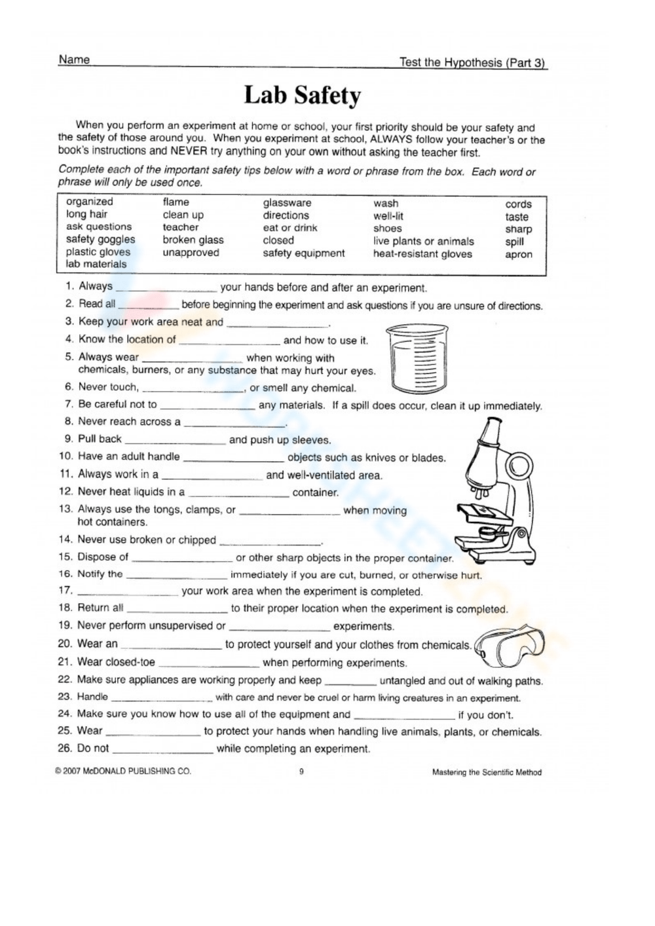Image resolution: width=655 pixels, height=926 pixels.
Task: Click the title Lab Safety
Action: pyautogui.click(x=302, y=96)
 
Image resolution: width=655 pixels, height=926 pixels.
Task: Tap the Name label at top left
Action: pyautogui.click(x=74, y=60)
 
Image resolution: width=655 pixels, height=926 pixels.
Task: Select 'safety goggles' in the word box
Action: pyautogui.click(x=100, y=240)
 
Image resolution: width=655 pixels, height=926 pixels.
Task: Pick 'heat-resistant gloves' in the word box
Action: pyautogui.click(x=422, y=254)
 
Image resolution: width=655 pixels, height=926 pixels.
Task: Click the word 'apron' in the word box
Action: pyautogui.click(x=519, y=255)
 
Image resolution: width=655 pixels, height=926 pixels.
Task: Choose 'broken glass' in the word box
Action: pyautogui.click(x=193, y=240)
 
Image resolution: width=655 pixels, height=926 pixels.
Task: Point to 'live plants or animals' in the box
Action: pyautogui.click(x=423, y=241)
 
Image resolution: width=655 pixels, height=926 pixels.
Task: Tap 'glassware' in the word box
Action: pyautogui.click(x=287, y=203)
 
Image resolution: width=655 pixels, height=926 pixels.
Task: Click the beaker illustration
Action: pyautogui.click(x=412, y=358)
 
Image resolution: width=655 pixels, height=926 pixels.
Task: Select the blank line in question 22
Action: pyautogui.click(x=350, y=684)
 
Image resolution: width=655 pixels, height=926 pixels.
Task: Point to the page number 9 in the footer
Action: pyautogui.click(x=301, y=771)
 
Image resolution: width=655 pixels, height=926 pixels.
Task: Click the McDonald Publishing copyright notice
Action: pyautogui.click(x=123, y=771)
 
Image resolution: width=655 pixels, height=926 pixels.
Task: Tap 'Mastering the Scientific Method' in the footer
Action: pyautogui.click(x=487, y=772)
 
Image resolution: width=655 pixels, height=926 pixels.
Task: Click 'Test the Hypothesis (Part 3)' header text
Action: pyautogui.click(x=472, y=63)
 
